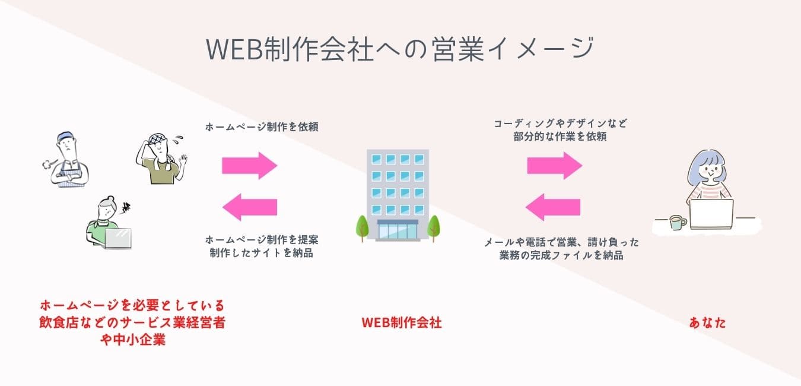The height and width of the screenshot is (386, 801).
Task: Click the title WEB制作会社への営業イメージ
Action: [399, 49]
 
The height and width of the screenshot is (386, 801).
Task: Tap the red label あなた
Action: [707, 322]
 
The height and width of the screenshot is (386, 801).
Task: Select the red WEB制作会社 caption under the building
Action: [402, 322]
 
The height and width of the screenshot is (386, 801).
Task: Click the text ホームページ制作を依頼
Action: [262, 127]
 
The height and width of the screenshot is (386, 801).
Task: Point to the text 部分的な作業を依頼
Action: [560, 137]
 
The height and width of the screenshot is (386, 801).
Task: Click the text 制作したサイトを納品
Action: [262, 253]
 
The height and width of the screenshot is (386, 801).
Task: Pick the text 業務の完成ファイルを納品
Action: [561, 255]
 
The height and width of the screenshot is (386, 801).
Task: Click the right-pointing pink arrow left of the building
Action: [250, 166]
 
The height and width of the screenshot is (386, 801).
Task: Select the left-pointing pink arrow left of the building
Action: [250, 207]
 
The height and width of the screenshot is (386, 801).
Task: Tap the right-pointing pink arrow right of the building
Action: [555, 166]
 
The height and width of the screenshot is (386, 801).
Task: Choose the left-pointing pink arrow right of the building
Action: [553, 207]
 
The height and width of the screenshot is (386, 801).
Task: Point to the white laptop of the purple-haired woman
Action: [711, 214]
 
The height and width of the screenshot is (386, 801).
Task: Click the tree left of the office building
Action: [362, 228]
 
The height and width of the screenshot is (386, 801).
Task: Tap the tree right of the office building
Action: [434, 228]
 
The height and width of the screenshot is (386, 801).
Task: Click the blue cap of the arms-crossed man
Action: [65, 137]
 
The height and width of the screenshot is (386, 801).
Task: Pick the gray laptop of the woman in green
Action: [118, 238]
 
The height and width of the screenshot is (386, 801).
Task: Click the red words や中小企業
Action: [133, 340]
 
